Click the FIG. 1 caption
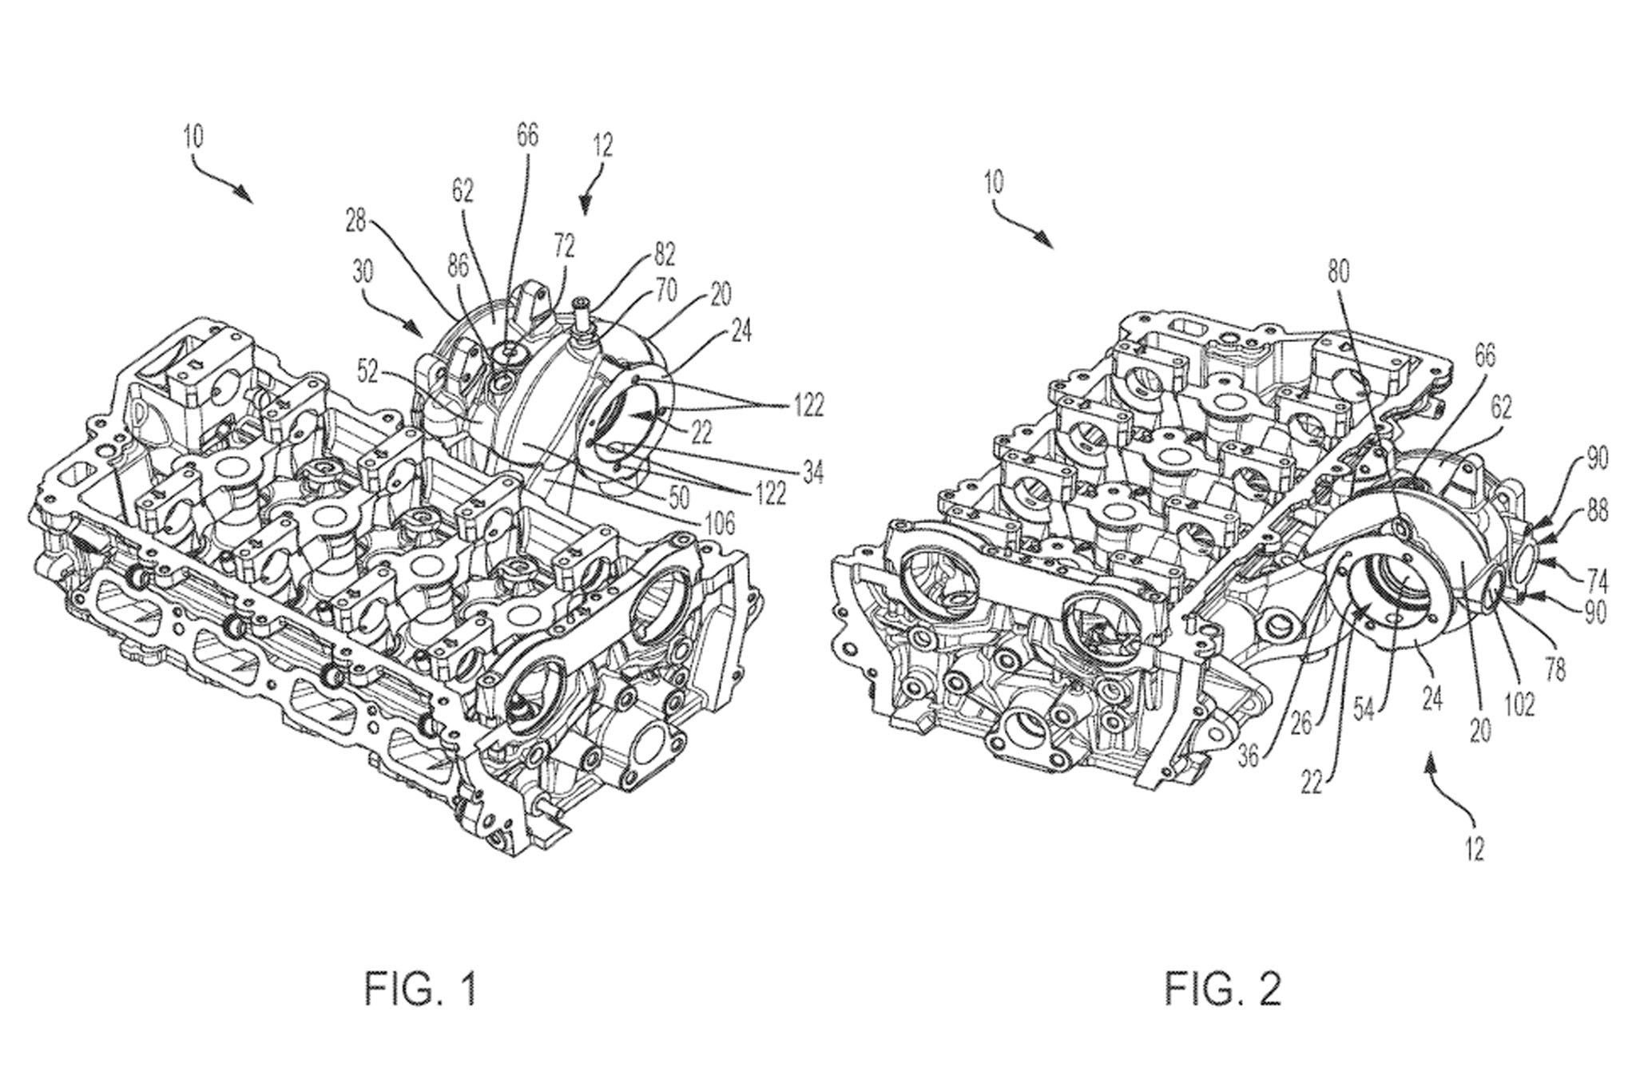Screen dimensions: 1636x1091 (420, 989)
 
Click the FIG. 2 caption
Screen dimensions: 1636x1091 (1223, 989)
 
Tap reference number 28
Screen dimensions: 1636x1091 (355, 221)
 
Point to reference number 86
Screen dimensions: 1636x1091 (459, 266)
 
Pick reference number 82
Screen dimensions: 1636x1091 (665, 254)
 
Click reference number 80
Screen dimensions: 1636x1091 (1339, 272)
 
